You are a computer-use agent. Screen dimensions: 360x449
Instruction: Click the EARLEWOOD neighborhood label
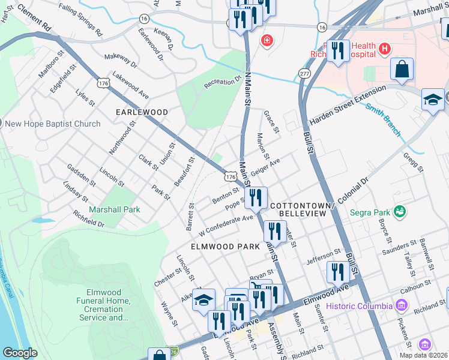[142, 112]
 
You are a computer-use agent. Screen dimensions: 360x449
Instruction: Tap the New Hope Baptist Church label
[53, 124]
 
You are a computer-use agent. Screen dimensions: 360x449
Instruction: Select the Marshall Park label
[115, 210]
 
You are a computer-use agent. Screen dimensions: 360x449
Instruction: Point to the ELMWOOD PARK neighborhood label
[225, 247]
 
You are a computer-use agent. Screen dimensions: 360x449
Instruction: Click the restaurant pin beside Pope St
[256, 197]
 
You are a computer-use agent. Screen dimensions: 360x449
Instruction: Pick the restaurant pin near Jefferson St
[339, 272]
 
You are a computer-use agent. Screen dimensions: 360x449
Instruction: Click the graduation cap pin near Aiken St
[203, 299]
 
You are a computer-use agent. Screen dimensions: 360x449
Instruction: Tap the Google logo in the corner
[20, 353]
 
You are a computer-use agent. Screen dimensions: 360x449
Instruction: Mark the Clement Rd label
[34, 18]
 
